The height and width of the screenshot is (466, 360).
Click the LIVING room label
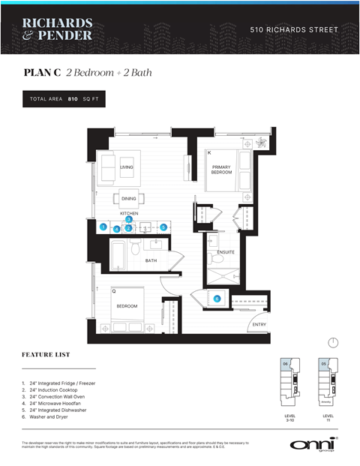point(126,167)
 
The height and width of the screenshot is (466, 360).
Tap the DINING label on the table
point(128,199)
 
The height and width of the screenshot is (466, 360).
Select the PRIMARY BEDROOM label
point(221,170)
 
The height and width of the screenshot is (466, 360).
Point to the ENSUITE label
point(226,252)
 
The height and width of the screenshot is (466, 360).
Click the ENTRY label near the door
point(259,324)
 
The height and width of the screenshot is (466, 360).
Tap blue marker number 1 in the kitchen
point(103,227)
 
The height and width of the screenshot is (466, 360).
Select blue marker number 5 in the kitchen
point(163,227)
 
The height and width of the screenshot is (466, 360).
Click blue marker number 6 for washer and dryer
point(217,299)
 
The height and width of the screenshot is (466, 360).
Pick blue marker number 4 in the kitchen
point(117,228)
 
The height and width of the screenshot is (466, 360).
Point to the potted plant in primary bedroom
point(260,143)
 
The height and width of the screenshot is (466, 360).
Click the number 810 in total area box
point(73,99)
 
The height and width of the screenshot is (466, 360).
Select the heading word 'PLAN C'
point(42,73)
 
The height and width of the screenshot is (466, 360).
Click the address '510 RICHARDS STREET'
point(294,30)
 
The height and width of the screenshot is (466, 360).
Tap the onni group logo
point(313,443)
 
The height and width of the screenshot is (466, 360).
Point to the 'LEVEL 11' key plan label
point(328,418)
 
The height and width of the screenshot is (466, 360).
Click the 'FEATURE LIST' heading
point(47,353)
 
